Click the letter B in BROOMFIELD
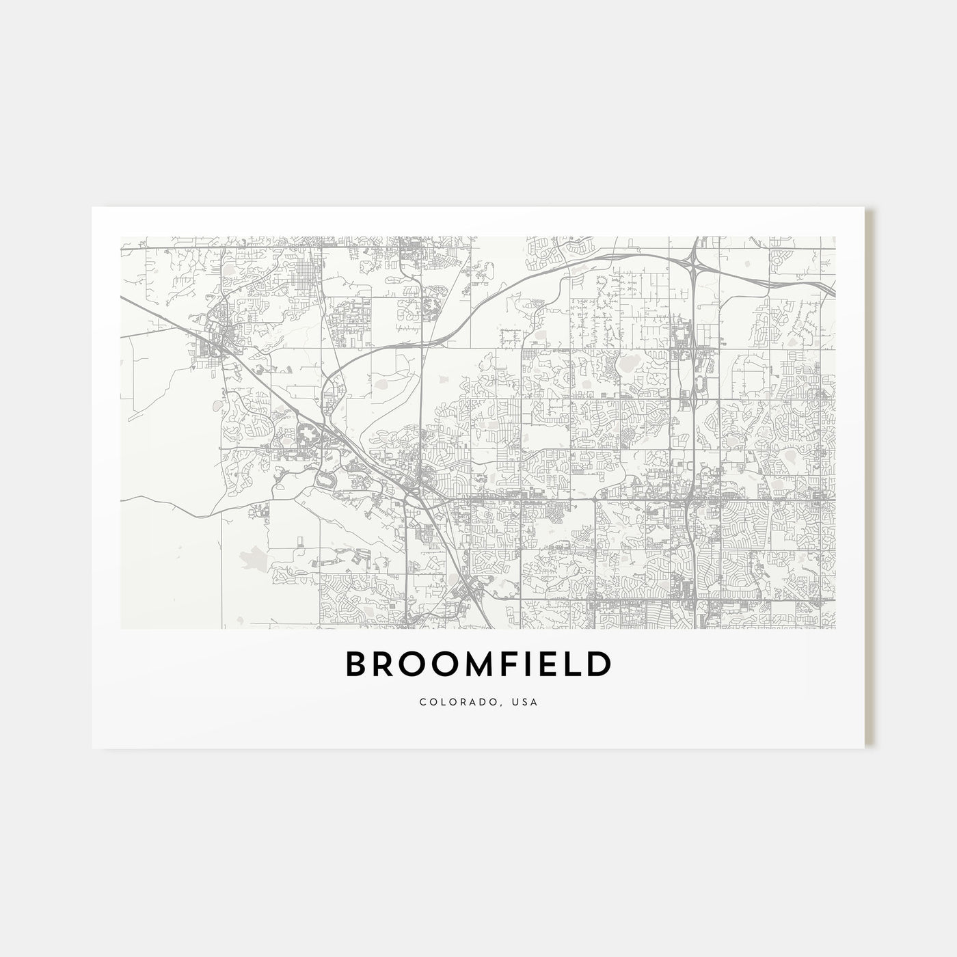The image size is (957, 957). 358,664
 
